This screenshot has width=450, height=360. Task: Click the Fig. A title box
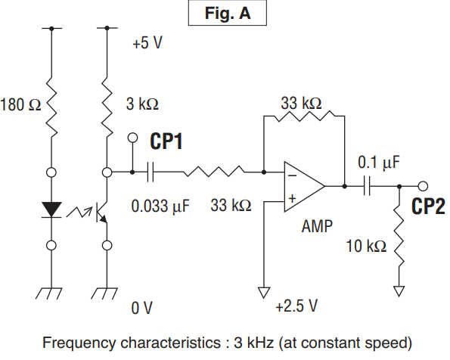[x=228, y=13]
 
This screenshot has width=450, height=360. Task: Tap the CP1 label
[x=166, y=141]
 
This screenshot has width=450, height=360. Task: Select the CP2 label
[x=428, y=206]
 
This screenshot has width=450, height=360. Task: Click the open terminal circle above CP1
[x=132, y=138]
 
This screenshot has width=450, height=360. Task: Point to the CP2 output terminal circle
[x=423, y=186]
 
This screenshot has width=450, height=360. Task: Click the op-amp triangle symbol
[x=304, y=187]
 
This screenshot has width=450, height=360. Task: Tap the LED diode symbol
[x=51, y=209]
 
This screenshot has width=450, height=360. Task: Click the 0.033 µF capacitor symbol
[x=151, y=172]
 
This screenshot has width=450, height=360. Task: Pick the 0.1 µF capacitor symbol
[x=367, y=186]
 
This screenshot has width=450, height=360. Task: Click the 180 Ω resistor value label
[x=20, y=104]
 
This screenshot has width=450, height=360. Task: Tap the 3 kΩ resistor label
[x=142, y=104]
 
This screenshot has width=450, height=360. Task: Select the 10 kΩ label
[x=366, y=246]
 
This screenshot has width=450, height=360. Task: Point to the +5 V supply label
[x=147, y=43]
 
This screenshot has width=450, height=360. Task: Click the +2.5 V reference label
[x=296, y=306]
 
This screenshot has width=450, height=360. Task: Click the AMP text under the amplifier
[x=317, y=226]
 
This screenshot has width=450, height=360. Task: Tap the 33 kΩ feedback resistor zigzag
[x=304, y=116]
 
